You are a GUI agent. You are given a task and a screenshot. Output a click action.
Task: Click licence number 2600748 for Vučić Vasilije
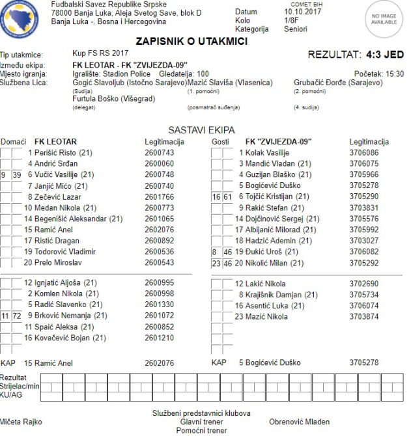pyautogui.click(x=159, y=174)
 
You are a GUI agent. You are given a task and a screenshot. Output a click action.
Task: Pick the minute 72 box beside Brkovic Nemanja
pyautogui.click(x=18, y=316)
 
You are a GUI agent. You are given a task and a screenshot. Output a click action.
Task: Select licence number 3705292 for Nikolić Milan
pyautogui.click(x=363, y=263)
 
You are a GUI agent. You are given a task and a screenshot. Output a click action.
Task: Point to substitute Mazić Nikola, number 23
pyautogui.click(x=266, y=317)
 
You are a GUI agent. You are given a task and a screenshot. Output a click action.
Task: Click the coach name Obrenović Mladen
pyautogui.click(x=299, y=422)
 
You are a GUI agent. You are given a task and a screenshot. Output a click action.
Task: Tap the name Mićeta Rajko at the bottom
pyautogui.click(x=21, y=422)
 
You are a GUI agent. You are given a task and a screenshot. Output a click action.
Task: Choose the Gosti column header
pyautogui.click(x=220, y=141)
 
